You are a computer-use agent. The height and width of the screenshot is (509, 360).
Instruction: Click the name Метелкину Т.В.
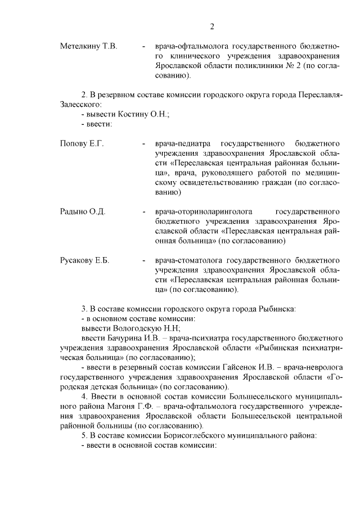[x=88, y=46]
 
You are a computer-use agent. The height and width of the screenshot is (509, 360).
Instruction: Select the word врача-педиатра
[x=184, y=144]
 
